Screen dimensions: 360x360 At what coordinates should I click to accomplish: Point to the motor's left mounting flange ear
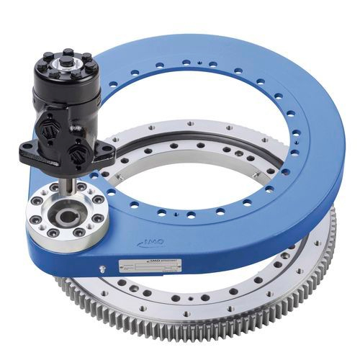[30, 152]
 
